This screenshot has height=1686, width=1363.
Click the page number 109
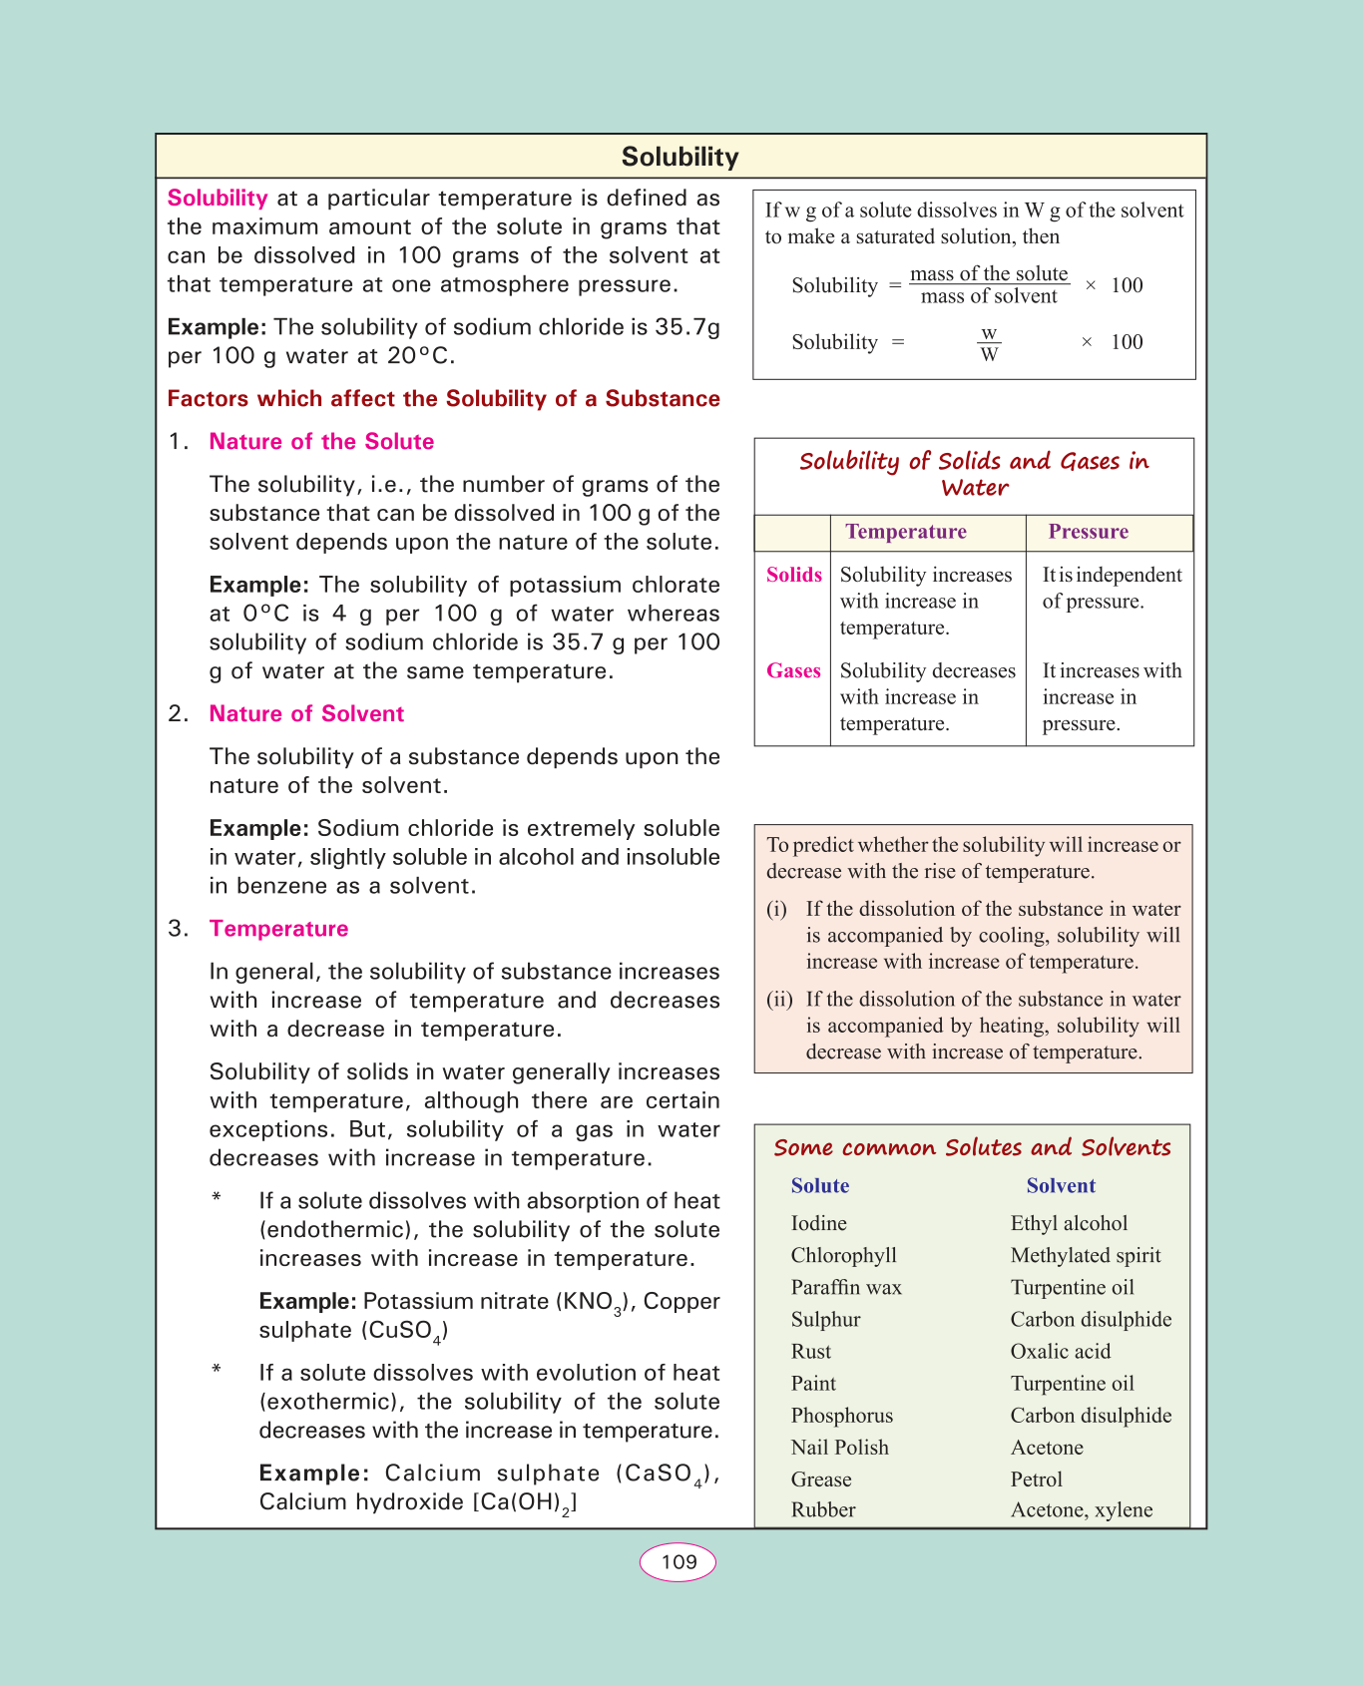pyautogui.click(x=679, y=1562)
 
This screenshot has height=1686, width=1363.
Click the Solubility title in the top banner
pyautogui.click(x=680, y=157)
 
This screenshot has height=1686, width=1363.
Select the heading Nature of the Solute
pyautogui.click(x=321, y=442)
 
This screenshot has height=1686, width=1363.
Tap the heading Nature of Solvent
pyautogui.click(x=306, y=714)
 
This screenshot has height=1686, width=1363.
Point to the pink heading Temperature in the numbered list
pyautogui.click(x=278, y=929)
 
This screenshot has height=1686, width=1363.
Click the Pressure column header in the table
pyautogui.click(x=1088, y=532)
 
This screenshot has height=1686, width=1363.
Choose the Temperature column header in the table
pyautogui.click(x=906, y=532)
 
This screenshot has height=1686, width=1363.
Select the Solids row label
pyautogui.click(x=794, y=575)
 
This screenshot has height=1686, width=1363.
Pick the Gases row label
pyautogui.click(x=793, y=671)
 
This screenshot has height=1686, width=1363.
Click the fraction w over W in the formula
pyautogui.click(x=989, y=343)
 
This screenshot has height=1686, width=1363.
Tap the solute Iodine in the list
pyautogui.click(x=818, y=1223)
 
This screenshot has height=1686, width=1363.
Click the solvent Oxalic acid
pyautogui.click(x=1060, y=1352)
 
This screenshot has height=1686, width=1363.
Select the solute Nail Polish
pyautogui.click(x=839, y=1448)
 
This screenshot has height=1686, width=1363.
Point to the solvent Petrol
pyautogui.click(x=1036, y=1479)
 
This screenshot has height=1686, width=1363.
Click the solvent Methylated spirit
pyautogui.click(x=1086, y=1255)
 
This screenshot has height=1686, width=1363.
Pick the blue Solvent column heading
pyautogui.click(x=1061, y=1186)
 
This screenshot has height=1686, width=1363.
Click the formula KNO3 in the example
pyautogui.click(x=596, y=1303)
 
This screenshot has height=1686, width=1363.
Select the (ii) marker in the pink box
pyautogui.click(x=779, y=1000)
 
